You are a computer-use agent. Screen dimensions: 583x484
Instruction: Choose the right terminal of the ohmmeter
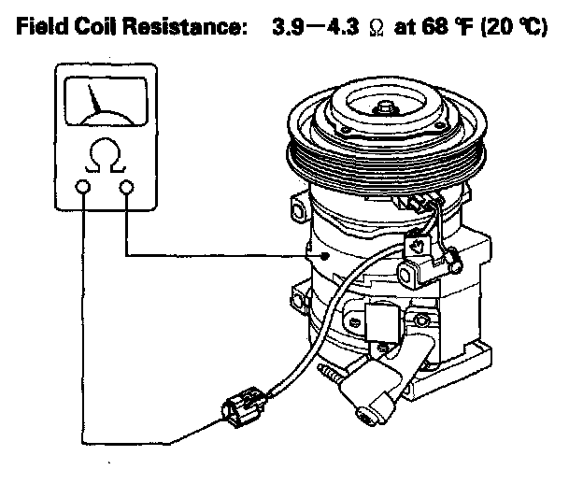coord(126,188)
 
